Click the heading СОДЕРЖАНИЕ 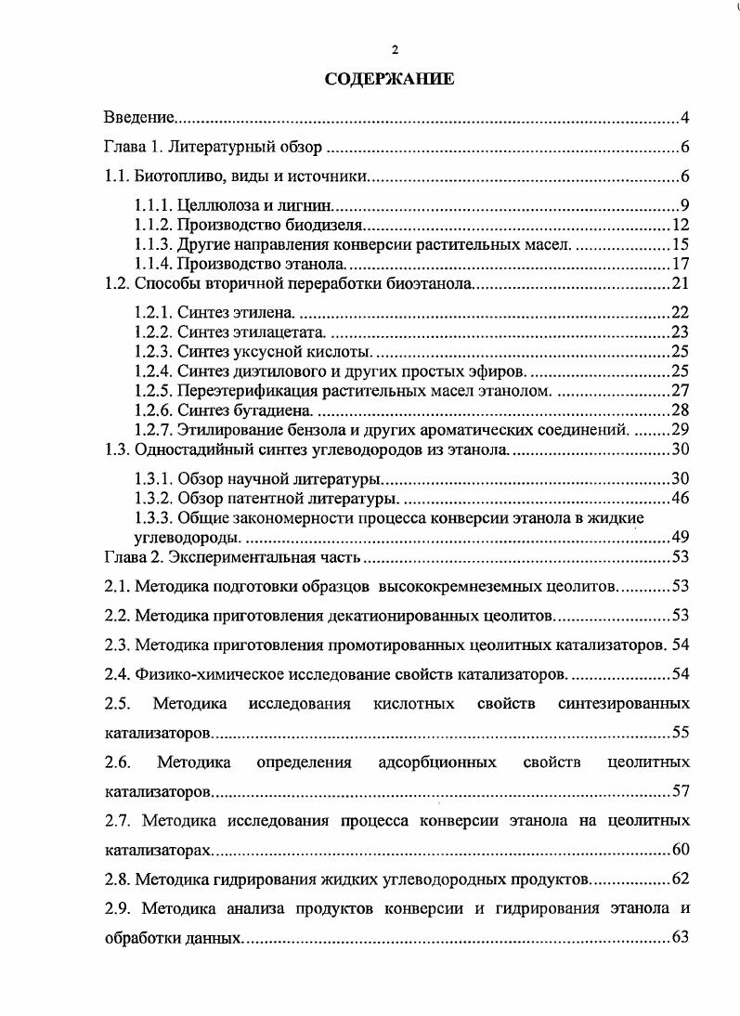pos(389,80)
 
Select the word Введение pos(138,118)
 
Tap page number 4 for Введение pos(683,118)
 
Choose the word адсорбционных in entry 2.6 pos(436,763)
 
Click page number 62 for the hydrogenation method pos(679,879)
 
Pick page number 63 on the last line pos(679,936)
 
